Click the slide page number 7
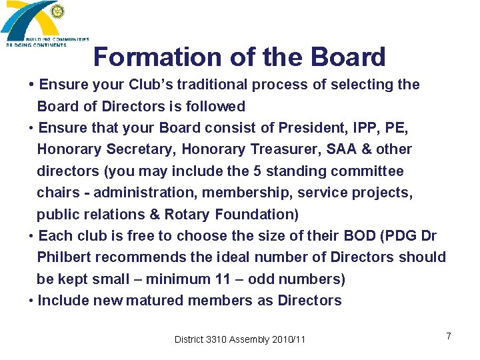449,336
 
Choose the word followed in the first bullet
219,107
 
